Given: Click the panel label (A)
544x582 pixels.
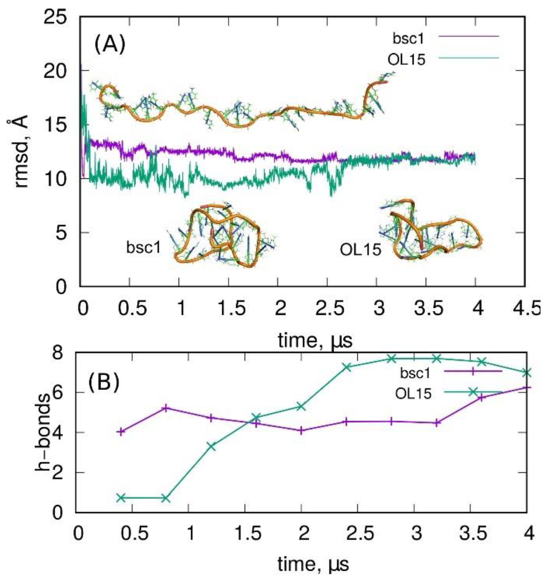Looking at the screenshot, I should click(109, 44).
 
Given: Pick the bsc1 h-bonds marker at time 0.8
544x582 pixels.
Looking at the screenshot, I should click(166, 408).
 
